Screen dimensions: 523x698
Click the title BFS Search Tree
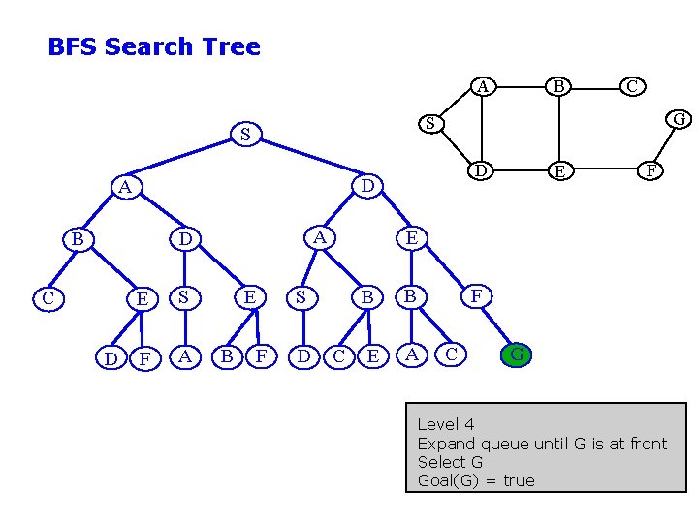[x=154, y=46]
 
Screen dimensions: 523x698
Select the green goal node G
[x=518, y=354]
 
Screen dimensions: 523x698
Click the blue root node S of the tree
[x=245, y=135]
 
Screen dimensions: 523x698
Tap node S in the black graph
[x=430, y=124]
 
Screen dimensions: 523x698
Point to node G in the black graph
[x=680, y=119]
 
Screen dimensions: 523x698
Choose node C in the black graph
[x=632, y=86]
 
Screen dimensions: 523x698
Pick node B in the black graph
[x=558, y=87]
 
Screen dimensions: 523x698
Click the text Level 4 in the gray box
[x=446, y=424]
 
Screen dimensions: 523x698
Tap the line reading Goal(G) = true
[x=475, y=480]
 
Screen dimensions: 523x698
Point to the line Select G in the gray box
[x=449, y=462]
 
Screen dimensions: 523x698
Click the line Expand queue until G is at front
[x=542, y=444]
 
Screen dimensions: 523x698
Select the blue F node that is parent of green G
[x=476, y=295]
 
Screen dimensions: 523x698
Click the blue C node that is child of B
[x=48, y=297]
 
